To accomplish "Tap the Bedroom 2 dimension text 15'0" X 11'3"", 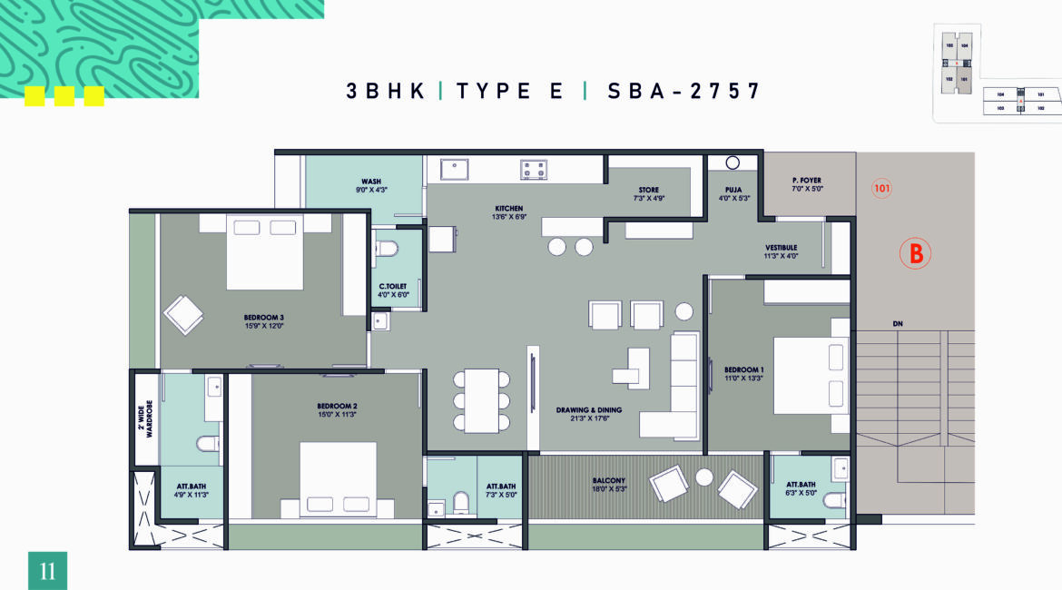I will point(336,416).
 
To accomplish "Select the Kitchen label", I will point(509,209).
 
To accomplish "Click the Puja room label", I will point(733,190).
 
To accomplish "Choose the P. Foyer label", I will point(806,181).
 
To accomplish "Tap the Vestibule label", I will point(781,247).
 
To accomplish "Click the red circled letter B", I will point(916,254).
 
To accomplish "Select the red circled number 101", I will point(881,189).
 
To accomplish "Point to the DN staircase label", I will point(897,324).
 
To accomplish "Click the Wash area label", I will point(370,182).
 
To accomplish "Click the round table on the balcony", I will point(703,477).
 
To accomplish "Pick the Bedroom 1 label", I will point(743,369).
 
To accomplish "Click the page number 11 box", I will point(47,571).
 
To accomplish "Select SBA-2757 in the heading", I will point(683,91).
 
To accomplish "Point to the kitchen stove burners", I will point(533,169).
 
